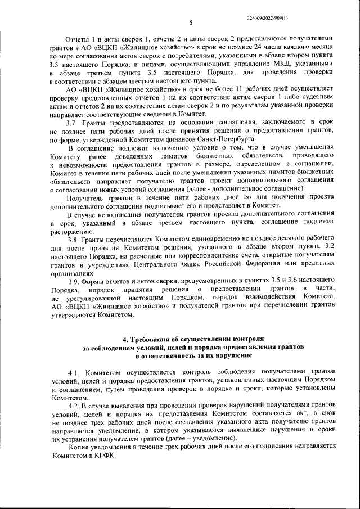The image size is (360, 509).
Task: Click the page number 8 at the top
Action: coord(191,22)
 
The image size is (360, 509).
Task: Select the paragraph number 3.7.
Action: coord(73,123)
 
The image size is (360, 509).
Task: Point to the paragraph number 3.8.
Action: coord(73,240)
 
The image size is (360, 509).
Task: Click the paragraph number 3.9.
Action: coord(73,281)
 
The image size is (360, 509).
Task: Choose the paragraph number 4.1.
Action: coord(75,373)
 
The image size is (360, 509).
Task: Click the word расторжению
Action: coord(69,231)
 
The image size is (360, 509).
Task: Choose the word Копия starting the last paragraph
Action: coord(76,446)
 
